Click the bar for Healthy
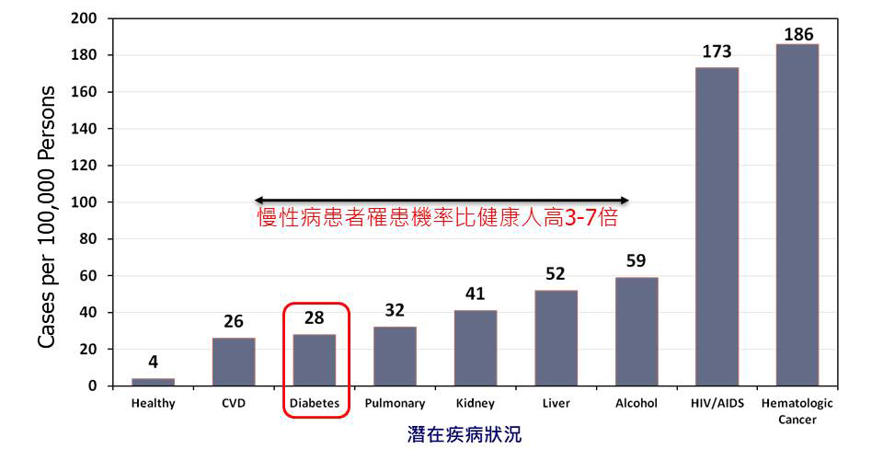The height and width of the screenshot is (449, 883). tap(153, 382)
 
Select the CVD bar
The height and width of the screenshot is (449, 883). tap(234, 362)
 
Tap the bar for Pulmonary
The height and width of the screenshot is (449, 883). tap(395, 356)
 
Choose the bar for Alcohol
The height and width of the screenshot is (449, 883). tap(636, 331)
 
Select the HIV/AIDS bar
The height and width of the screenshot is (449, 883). tap(717, 226)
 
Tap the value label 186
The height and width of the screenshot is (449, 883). tap(797, 34)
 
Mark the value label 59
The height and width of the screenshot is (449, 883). tap(636, 261)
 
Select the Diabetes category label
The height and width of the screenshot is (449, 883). tap(315, 403)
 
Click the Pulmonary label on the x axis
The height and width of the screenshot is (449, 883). tap(395, 403)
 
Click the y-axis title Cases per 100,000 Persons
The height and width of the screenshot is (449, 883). tap(47, 216)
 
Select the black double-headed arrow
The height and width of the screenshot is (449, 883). tap(441, 200)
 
